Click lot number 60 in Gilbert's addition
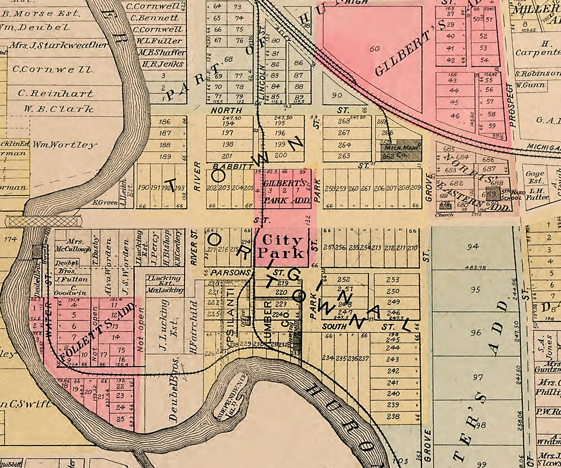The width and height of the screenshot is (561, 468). coord(374,48)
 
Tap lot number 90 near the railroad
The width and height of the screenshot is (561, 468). coord(337,95)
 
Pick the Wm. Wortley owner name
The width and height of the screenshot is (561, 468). coord(65,144)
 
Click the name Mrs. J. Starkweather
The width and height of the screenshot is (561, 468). coord(58,45)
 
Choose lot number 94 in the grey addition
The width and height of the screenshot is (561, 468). coord(473,246)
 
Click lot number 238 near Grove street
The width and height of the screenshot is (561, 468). coord(393,416)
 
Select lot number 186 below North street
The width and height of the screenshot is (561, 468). coord(165,122)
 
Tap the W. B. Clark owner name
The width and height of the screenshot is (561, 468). coord(55,109)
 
